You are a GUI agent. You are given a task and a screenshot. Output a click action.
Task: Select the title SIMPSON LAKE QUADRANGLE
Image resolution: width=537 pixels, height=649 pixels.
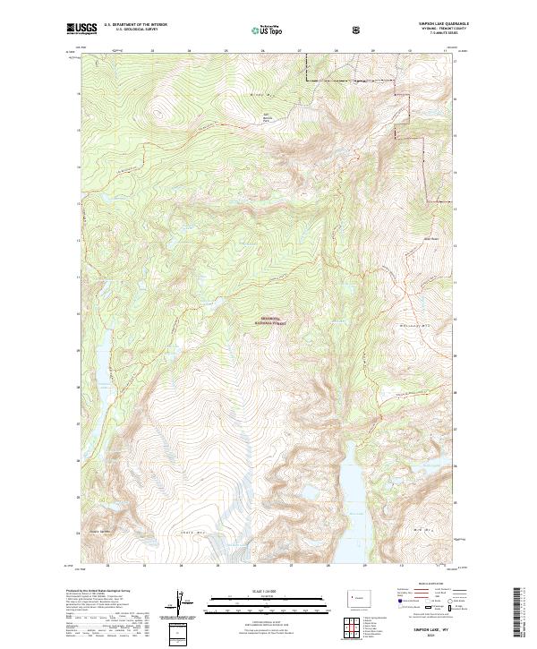[x=435, y=24]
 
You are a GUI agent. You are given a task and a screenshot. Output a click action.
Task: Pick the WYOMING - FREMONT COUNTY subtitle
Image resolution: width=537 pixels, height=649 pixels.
[x=436, y=30]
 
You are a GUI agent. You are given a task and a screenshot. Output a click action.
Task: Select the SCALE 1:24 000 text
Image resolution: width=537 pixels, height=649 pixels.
[x=268, y=592]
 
